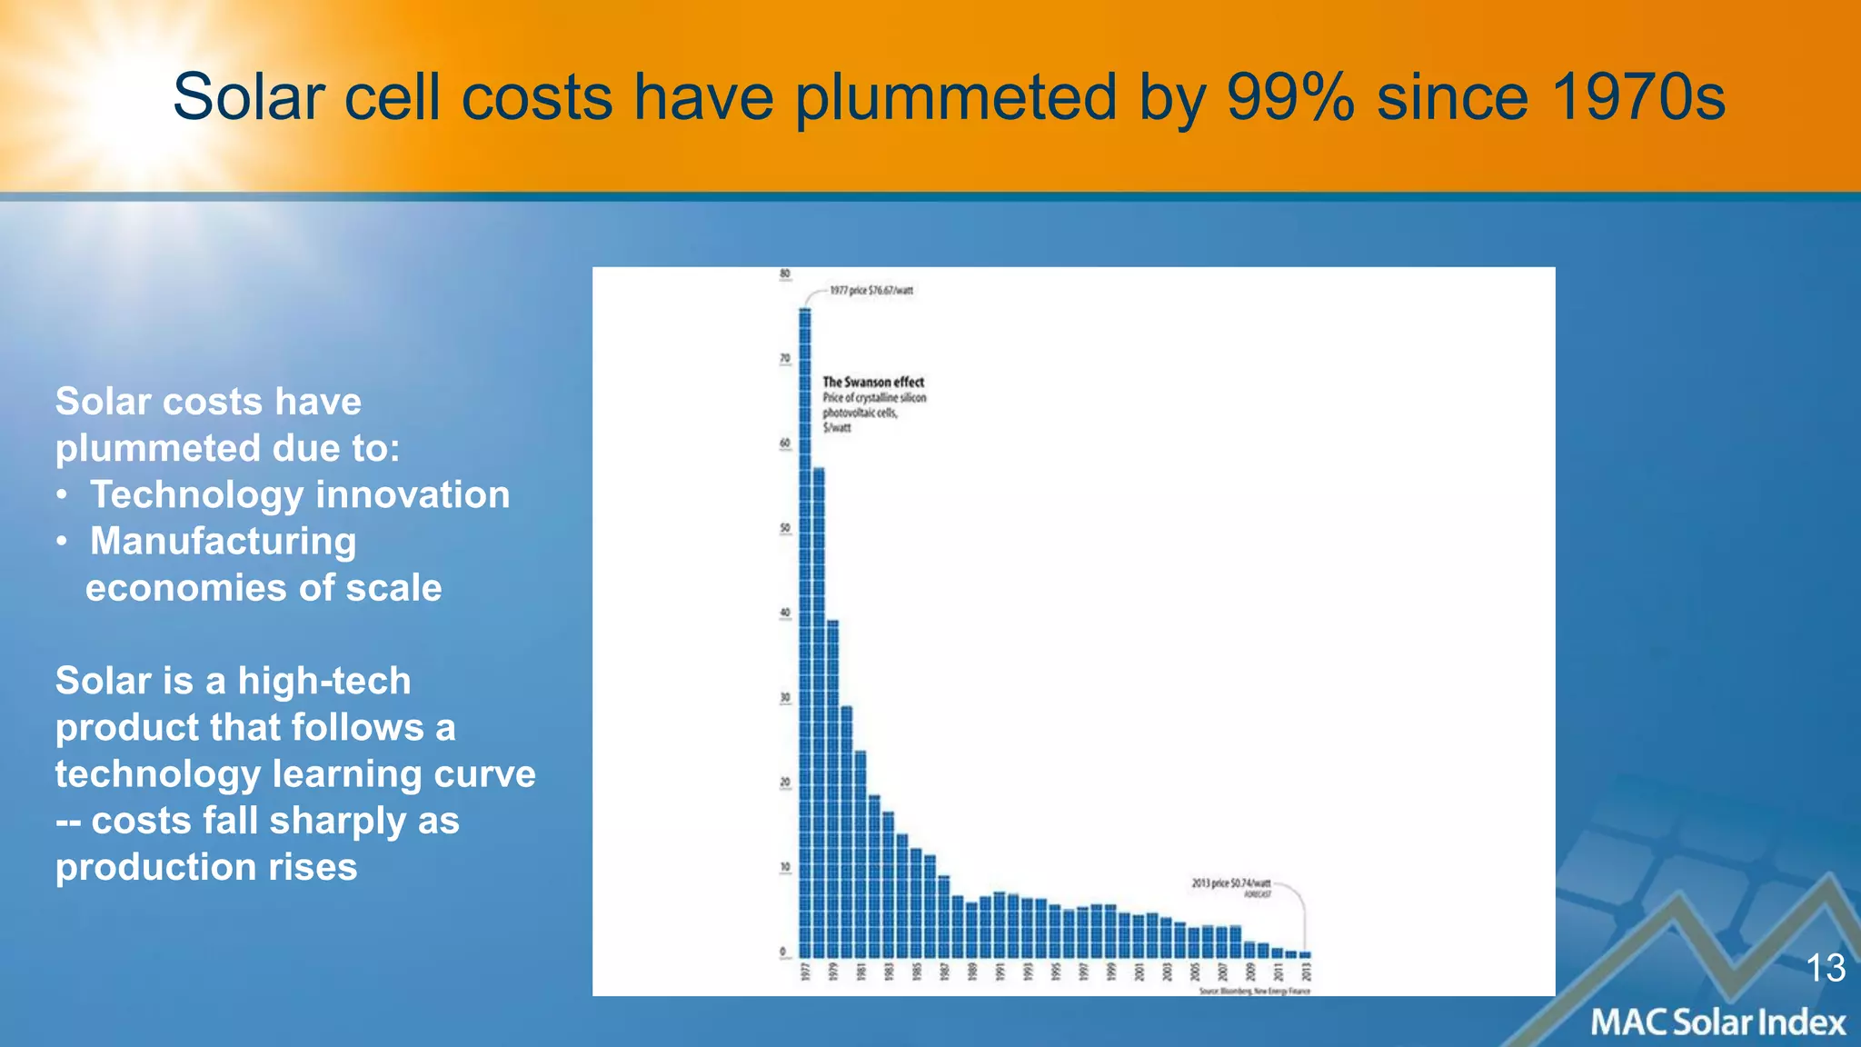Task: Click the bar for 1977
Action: tap(805, 636)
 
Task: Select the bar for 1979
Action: tap(832, 791)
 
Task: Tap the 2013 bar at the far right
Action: tap(1306, 954)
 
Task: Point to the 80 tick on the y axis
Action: tap(785, 274)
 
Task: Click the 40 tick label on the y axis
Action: tap(785, 613)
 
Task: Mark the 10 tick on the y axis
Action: tap(785, 867)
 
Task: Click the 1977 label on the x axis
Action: tap(805, 972)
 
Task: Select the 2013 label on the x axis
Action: tap(1307, 972)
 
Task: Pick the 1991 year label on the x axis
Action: tap(1000, 972)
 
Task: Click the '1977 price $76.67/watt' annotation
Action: tap(871, 291)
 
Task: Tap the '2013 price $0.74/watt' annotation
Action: tap(1230, 883)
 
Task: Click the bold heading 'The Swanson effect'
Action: tap(873, 382)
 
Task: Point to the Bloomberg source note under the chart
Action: tap(1254, 991)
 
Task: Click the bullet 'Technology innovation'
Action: tap(300, 494)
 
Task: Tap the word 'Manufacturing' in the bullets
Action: tap(224, 541)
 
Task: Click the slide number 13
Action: tap(1825, 968)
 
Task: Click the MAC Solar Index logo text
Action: tap(1717, 1022)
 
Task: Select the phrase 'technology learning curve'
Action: tap(295, 773)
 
